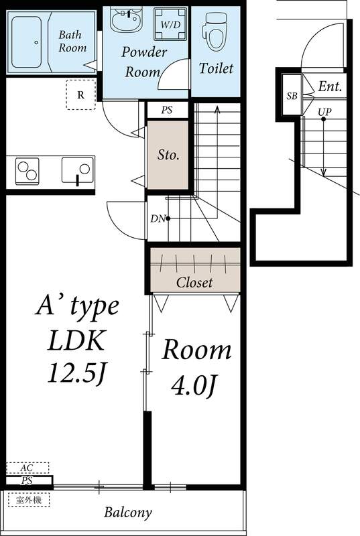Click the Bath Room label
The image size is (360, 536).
click(x=72, y=41)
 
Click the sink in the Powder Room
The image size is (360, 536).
click(x=126, y=19)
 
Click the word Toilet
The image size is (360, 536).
click(x=216, y=68)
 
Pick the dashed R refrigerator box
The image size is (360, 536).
click(x=80, y=94)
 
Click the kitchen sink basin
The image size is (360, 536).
click(x=78, y=170)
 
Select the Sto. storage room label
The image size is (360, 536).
click(x=168, y=155)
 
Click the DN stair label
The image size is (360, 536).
click(x=156, y=218)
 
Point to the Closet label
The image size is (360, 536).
click(x=194, y=282)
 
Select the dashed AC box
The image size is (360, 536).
click(x=27, y=468)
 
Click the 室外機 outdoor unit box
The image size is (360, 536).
click(x=28, y=499)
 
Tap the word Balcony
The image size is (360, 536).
click(x=127, y=513)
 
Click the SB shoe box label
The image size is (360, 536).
click(x=292, y=96)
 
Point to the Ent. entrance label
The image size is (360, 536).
click(x=330, y=86)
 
